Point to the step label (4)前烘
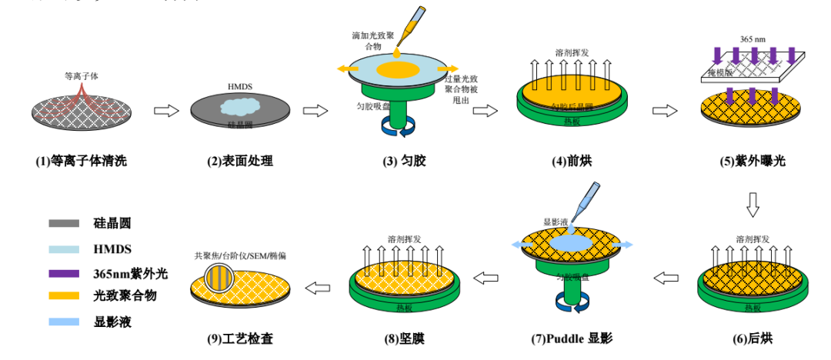[571, 162]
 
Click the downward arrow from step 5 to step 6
[753, 203]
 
